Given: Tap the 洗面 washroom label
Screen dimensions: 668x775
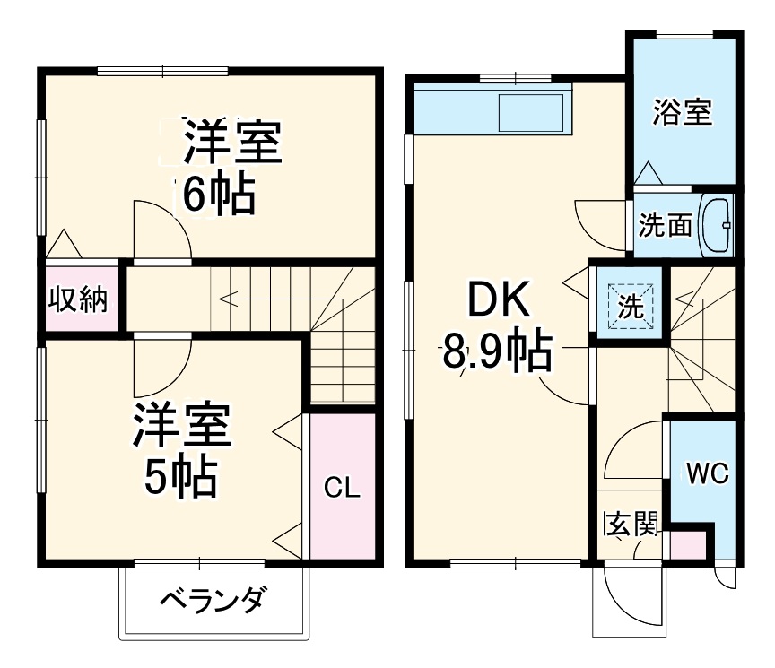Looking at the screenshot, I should [666, 224].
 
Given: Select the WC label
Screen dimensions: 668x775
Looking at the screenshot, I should [707, 472].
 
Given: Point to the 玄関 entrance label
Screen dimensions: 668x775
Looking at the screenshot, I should [631, 525].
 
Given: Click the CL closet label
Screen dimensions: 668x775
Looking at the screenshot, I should [342, 488].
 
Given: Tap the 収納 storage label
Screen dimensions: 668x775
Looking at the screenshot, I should [77, 299].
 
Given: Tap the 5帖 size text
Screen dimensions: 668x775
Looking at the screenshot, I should [182, 477].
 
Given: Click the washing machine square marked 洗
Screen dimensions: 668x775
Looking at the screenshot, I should [631, 306].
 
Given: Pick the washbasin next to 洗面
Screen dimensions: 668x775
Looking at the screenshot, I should [716, 224].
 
